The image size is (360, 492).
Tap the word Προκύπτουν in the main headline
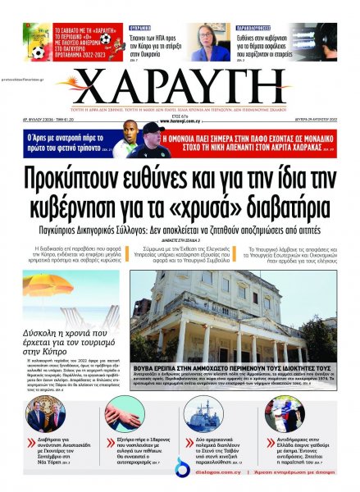pyautogui.click(x=99, y=175)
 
